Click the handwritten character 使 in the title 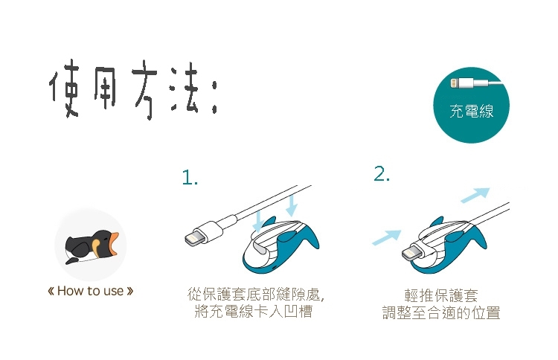65,89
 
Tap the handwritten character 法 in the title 185,89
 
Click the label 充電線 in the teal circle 471,111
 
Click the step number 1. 190,177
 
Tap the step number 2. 382,174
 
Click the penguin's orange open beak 114,244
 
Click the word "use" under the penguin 114,292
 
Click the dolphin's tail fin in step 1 307,237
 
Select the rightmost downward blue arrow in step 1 292,205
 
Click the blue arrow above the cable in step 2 475,195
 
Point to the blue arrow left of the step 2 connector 386,237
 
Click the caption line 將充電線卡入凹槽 254,311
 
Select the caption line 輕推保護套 441,295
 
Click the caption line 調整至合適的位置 441,312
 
